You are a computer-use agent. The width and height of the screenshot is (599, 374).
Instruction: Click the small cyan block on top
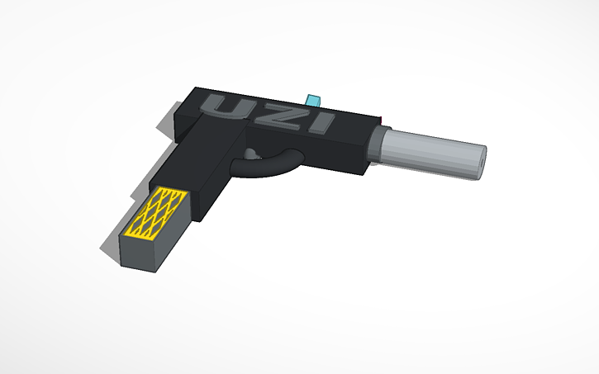tap(313, 100)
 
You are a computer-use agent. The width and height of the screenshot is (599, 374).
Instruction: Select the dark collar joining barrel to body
tap(378, 146)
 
